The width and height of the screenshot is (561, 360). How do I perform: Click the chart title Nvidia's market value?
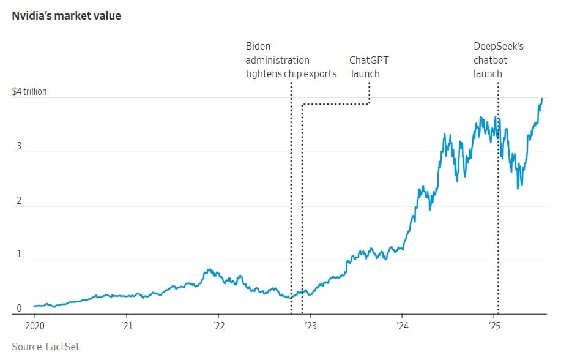[66, 16]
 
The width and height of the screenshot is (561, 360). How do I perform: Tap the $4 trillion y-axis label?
[29, 92]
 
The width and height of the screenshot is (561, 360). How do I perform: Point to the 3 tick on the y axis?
[18, 148]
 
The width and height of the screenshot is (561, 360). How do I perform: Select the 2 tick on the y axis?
[18, 201]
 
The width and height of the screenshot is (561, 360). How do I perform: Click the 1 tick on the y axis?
[18, 254]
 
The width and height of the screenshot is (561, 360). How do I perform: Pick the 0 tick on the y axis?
[18, 308]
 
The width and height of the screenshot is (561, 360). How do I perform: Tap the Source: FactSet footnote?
[46, 347]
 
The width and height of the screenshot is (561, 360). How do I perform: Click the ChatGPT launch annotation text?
[368, 67]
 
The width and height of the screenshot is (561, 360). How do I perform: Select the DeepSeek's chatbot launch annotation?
[499, 60]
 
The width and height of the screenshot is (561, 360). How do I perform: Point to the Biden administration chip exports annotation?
[291, 60]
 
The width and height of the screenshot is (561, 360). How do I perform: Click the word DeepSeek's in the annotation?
[499, 46]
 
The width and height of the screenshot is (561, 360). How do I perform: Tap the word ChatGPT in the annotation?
[369, 60]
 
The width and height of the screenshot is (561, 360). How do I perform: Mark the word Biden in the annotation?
[258, 46]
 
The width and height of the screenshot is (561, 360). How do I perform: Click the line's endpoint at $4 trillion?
[541, 99]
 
